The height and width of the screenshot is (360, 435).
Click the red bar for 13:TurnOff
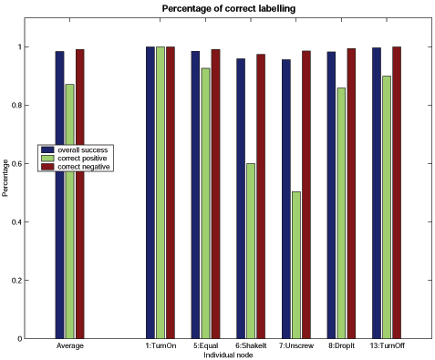point(396,192)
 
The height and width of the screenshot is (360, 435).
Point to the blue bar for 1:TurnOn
point(150,192)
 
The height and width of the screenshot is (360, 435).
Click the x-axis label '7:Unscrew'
point(296,346)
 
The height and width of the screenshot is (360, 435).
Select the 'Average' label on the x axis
point(70,346)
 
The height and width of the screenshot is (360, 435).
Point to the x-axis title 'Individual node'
point(227,355)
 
